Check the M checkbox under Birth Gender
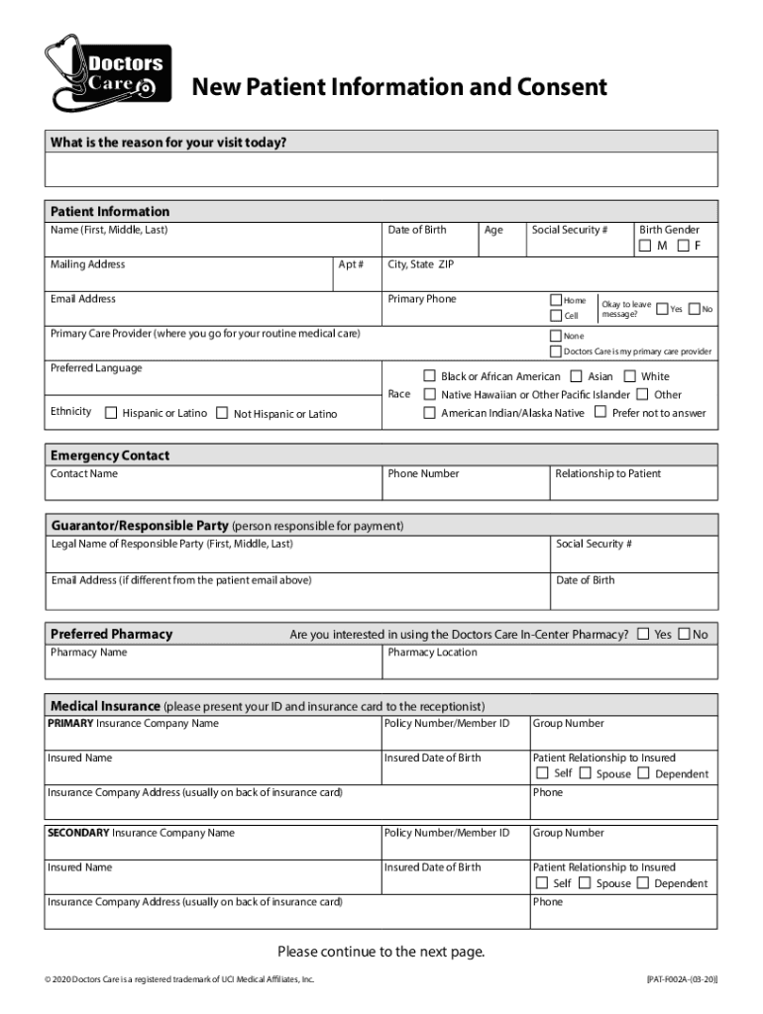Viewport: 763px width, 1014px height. (645, 246)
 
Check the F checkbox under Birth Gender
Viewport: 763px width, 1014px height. (682, 246)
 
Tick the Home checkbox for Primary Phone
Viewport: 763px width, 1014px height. (556, 300)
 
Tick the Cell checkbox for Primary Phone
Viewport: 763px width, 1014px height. (556, 316)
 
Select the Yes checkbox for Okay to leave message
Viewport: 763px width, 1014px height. (662, 309)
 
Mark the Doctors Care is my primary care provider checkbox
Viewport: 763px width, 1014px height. (556, 352)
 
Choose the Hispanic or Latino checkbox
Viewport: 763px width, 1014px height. (111, 413)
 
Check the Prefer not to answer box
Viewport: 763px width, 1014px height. (599, 412)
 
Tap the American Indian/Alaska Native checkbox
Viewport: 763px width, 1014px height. (429, 412)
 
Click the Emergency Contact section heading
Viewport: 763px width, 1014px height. (110, 456)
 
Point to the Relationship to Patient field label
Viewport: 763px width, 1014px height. (607, 473)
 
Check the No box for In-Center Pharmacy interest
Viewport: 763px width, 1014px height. (684, 634)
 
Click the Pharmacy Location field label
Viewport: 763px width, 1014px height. (432, 653)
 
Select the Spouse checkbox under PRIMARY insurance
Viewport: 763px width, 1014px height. (585, 773)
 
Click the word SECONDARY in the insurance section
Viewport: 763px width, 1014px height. (78, 833)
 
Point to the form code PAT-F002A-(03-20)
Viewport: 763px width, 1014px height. (682, 979)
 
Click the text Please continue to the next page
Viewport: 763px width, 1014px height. (381, 953)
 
